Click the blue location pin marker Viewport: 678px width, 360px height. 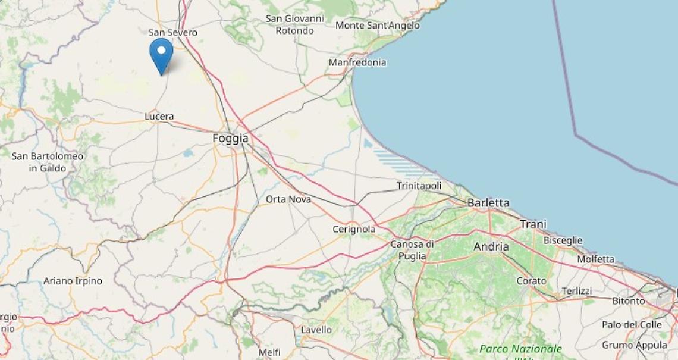coord(161,54)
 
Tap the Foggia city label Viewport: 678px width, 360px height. coord(230,139)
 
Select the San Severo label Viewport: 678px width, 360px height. coord(173,33)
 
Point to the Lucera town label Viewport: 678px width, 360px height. coord(159,117)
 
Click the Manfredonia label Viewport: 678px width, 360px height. coord(357,62)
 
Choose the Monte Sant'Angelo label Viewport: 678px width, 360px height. coord(378,26)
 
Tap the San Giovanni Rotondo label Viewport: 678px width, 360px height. coord(295,24)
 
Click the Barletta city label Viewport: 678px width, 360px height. coord(488,203)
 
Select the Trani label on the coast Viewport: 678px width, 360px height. coord(533,224)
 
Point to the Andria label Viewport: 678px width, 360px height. coord(491,246)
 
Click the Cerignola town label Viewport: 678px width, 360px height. coord(354,230)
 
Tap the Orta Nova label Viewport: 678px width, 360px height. coord(288,199)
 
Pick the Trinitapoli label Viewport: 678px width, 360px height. coord(419,186)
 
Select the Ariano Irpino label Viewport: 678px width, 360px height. coord(73,281)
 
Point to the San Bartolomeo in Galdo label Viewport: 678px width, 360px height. coord(48,162)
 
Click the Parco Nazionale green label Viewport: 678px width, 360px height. coord(521,349)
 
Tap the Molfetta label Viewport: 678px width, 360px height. coord(596,259)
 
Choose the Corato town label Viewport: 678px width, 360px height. coord(531,281)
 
